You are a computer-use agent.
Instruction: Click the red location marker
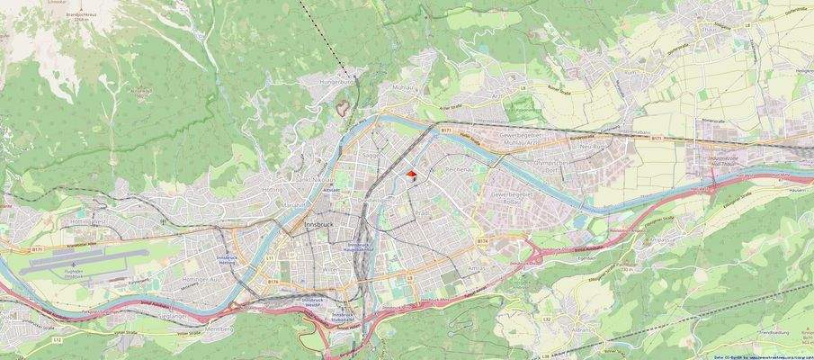click(411, 175)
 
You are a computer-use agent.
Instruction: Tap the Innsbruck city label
click(318, 221)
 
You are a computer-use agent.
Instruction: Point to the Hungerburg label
click(337, 81)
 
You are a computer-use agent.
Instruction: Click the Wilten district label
click(331, 268)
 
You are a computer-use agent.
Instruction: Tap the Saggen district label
click(369, 155)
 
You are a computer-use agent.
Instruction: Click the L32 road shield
click(546, 319)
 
